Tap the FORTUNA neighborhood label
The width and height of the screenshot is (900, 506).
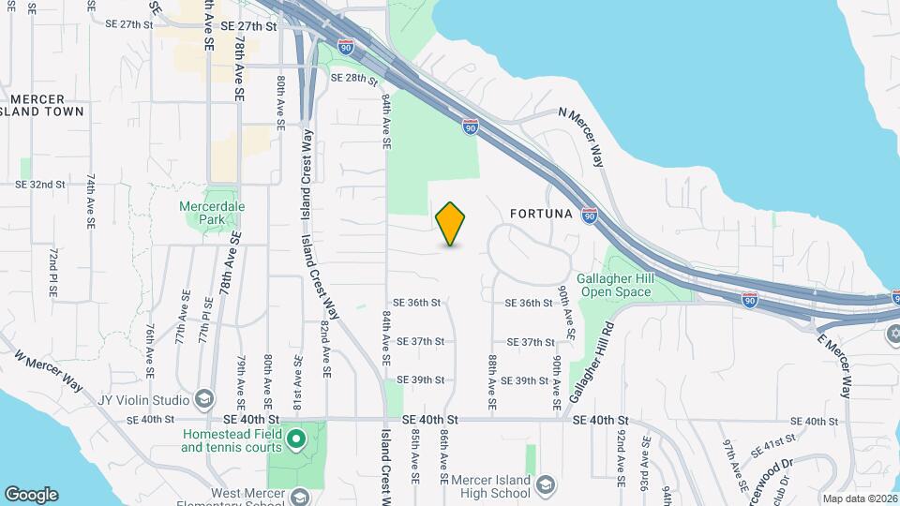[x=541, y=214]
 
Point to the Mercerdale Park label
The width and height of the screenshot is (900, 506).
[x=205, y=213]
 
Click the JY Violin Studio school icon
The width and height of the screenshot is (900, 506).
[x=202, y=399]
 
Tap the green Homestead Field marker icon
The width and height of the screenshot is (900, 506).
[x=296, y=438]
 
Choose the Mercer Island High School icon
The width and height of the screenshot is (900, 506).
[x=546, y=484]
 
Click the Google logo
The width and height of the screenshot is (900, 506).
[x=31, y=494]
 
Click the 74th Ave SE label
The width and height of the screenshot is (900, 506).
[x=91, y=201]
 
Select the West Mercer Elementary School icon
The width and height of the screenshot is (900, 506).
[x=300, y=497]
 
